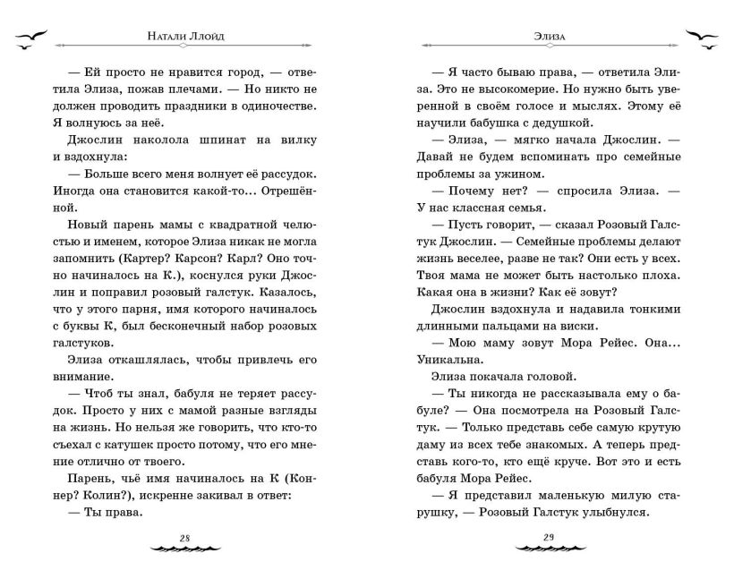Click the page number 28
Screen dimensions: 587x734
[x=185, y=537]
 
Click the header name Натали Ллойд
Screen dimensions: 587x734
[x=184, y=38]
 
